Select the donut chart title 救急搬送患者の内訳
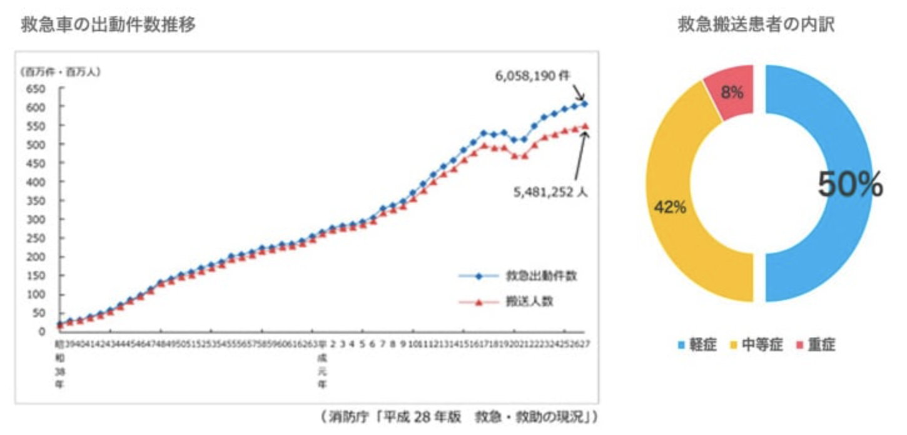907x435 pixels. click(x=756, y=25)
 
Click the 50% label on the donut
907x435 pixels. click(x=850, y=184)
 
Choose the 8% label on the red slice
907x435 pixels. click(x=732, y=93)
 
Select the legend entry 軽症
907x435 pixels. click(x=697, y=344)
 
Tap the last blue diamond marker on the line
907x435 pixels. click(x=584, y=104)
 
